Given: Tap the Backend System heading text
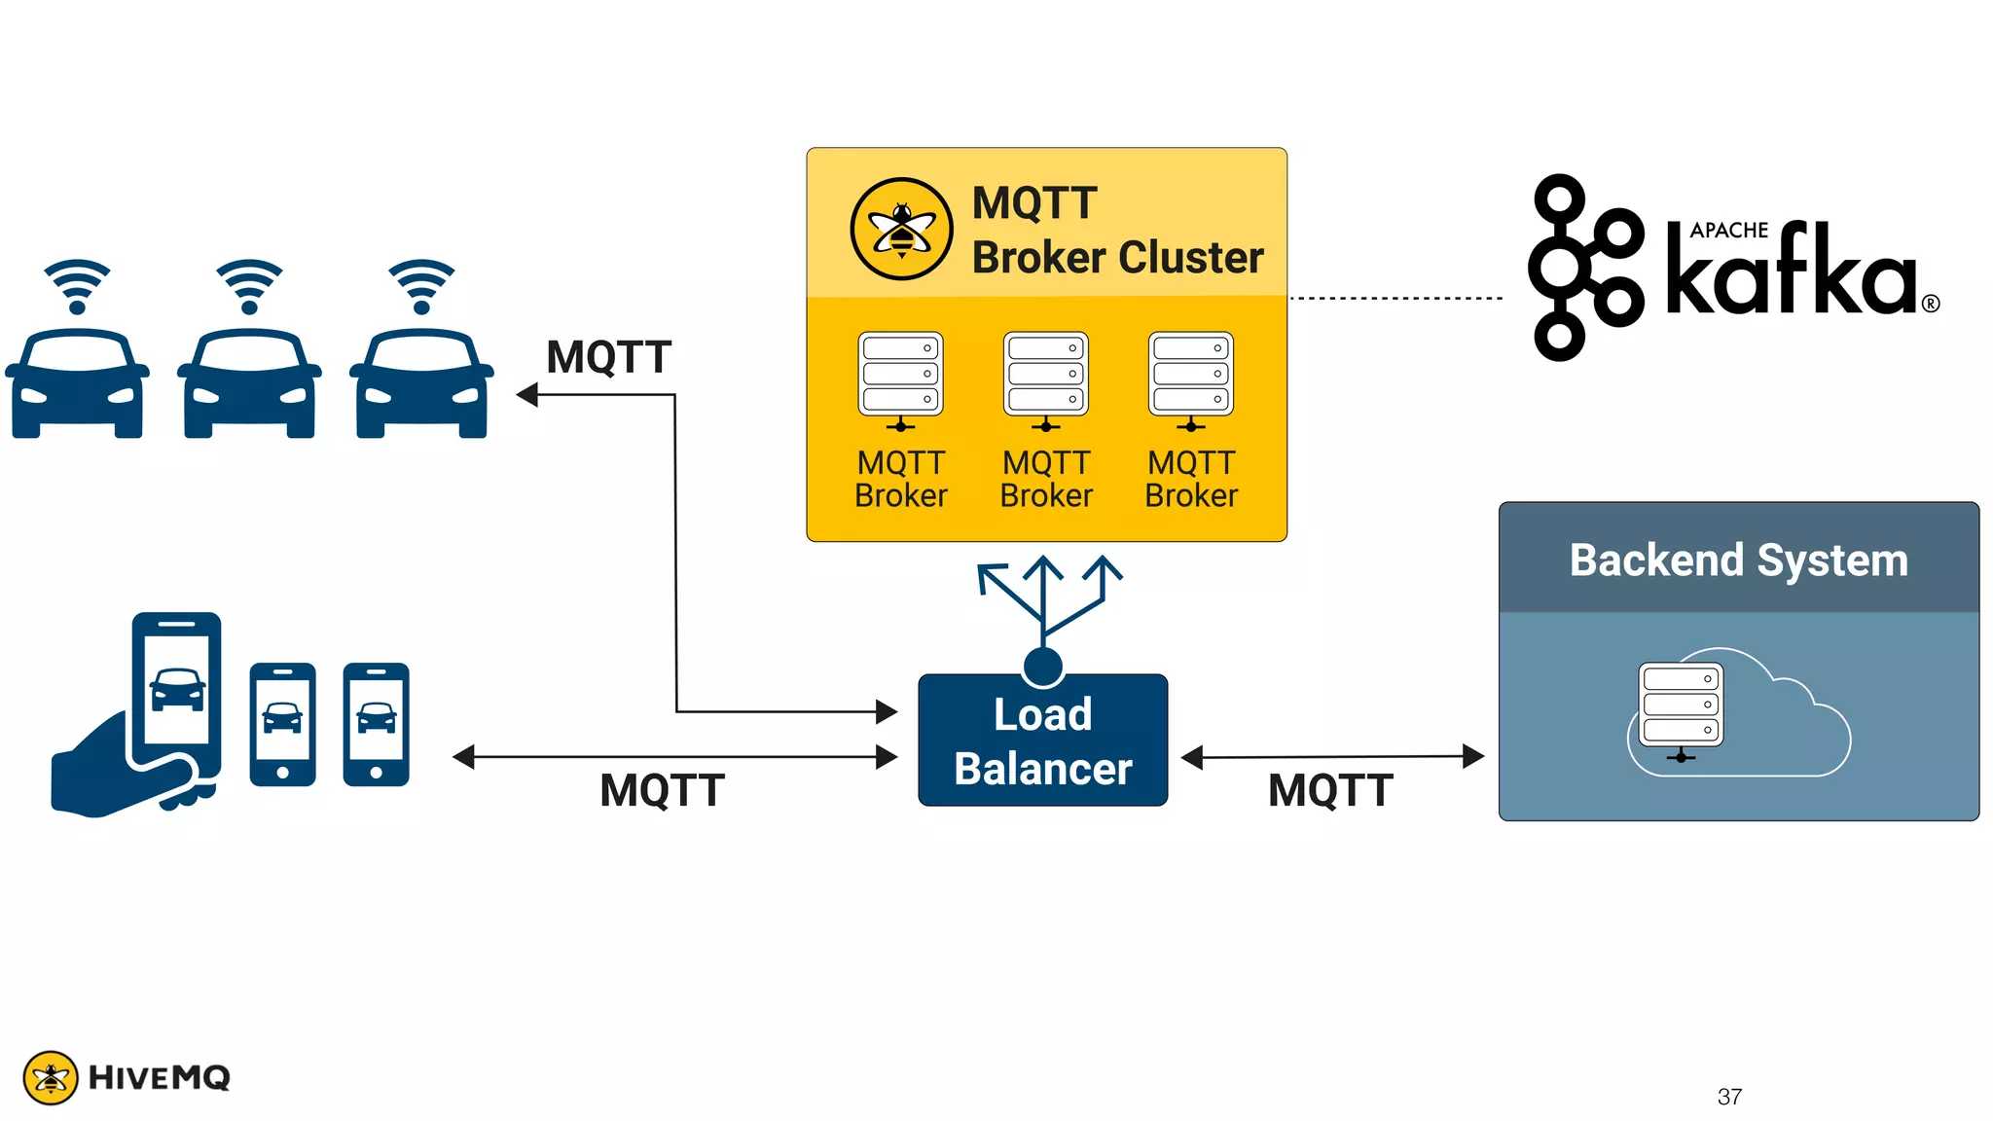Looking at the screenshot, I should (1738, 560).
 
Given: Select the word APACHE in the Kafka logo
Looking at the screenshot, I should (1728, 231).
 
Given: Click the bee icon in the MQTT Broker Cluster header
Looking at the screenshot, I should (901, 230).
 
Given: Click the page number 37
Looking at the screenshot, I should (1729, 1097).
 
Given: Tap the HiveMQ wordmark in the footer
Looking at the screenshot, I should (159, 1077).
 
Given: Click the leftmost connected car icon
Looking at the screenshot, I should (77, 384).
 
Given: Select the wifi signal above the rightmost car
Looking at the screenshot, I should (421, 285).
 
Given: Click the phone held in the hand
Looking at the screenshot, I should (176, 691).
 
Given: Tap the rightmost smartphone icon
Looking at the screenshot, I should (376, 724).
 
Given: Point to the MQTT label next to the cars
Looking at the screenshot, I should (608, 357).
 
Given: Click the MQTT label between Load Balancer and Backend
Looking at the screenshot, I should (1330, 790).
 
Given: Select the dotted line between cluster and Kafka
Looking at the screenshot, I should (1395, 298).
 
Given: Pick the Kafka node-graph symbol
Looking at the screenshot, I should (1583, 268).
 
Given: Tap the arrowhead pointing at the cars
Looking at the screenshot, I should (527, 394).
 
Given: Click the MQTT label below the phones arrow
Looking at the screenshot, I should (662, 790).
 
